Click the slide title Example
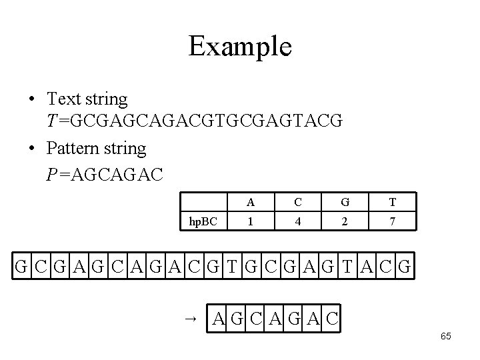[x=239, y=47]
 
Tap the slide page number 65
[x=445, y=336]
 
